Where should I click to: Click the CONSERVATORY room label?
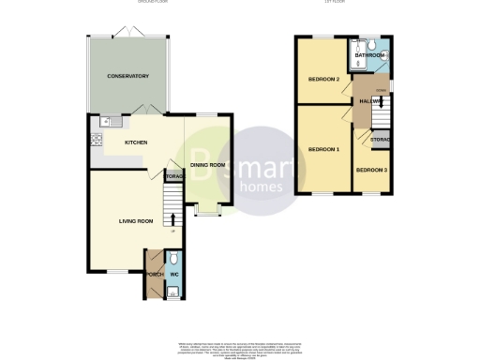tap(129, 75)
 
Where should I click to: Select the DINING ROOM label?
tap(208, 166)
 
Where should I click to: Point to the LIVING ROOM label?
tap(135, 221)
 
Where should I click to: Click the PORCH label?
tap(154, 274)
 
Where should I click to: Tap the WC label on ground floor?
tap(173, 274)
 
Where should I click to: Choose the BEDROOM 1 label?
tap(323, 149)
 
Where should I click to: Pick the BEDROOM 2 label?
tap(323, 79)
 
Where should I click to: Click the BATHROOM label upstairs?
tap(370, 56)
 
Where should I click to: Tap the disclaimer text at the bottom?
tap(239, 349)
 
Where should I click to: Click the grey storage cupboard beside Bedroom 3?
tap(379, 140)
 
